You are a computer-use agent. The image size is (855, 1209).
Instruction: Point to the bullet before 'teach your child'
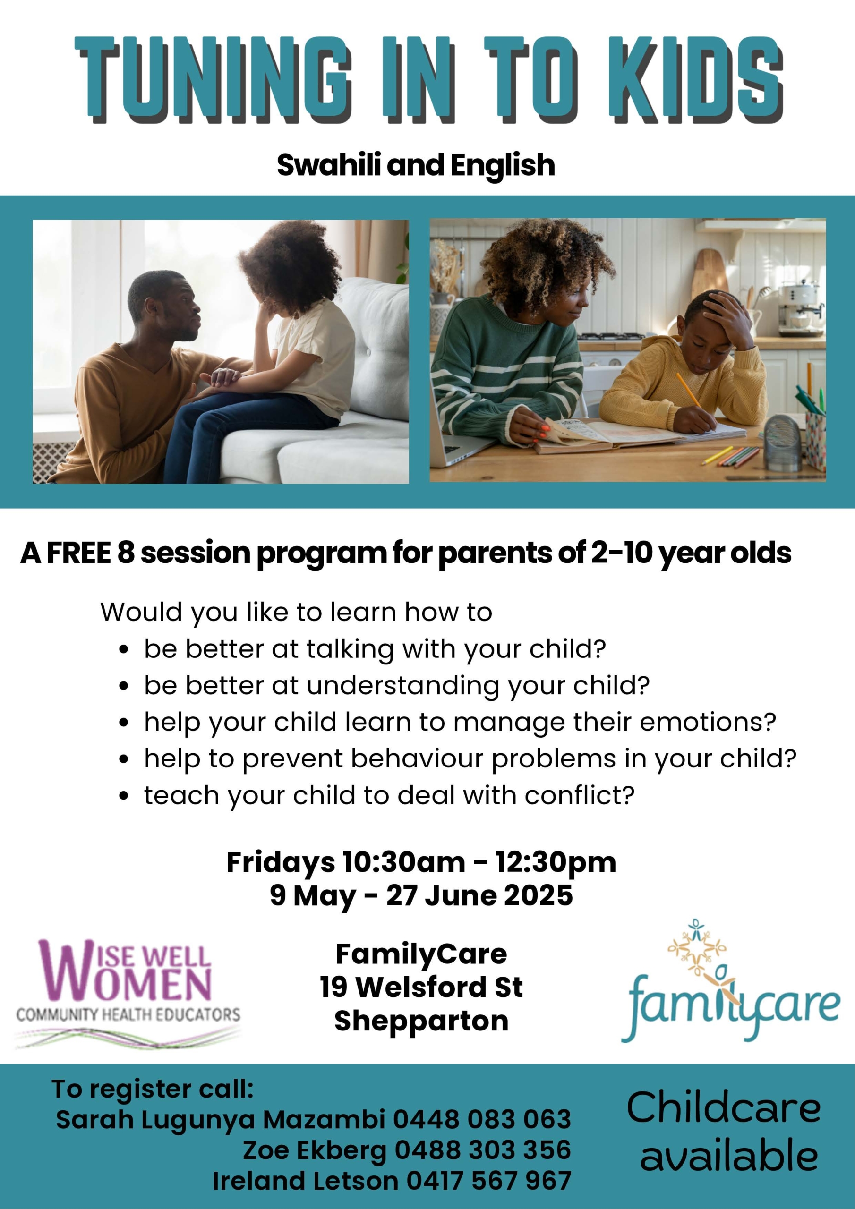pos(124,796)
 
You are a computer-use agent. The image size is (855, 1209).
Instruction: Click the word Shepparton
pos(421,1021)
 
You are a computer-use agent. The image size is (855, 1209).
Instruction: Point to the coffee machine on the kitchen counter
pos(799,308)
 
